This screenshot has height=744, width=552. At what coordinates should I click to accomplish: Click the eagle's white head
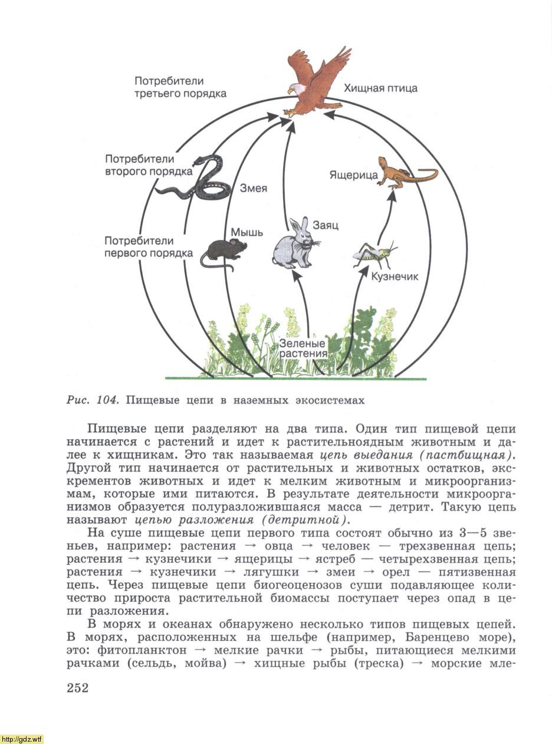tap(295, 88)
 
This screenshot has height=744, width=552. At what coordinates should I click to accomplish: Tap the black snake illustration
tap(198, 183)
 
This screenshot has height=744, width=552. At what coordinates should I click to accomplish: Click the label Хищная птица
tap(380, 88)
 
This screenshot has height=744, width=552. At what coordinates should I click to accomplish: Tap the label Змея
tap(253, 189)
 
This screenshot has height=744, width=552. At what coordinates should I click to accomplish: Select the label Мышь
tap(247, 232)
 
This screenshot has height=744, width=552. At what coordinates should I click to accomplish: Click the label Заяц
tap(326, 225)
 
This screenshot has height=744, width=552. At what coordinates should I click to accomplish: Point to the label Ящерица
tap(353, 175)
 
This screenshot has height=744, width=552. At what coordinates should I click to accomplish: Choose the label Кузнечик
tap(394, 276)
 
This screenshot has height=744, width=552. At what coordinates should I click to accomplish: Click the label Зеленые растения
tap(303, 348)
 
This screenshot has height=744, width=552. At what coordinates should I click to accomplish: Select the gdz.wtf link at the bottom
tap(22, 739)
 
